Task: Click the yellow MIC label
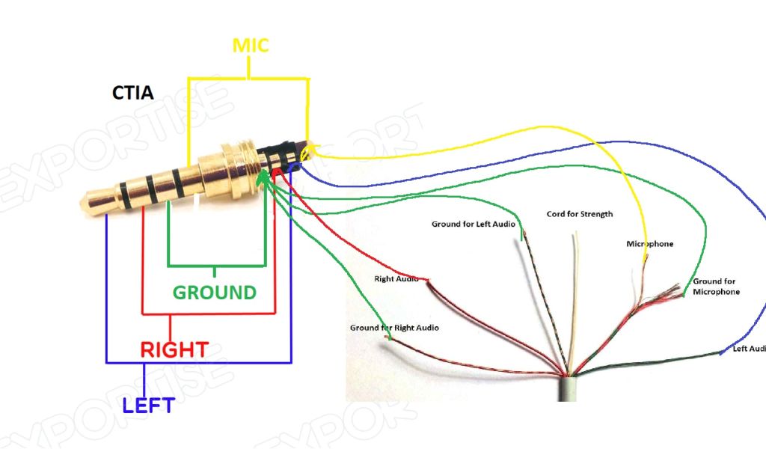250,45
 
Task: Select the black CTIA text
132,94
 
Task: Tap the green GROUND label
215,292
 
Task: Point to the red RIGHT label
174,349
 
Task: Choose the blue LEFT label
149,406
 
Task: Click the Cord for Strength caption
580,214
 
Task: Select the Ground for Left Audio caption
474,224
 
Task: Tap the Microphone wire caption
649,244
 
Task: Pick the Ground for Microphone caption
716,287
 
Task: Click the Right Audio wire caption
396,279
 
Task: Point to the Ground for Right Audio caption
394,328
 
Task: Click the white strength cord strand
574,299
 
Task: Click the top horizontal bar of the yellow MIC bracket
247,77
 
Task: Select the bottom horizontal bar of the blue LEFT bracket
198,363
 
